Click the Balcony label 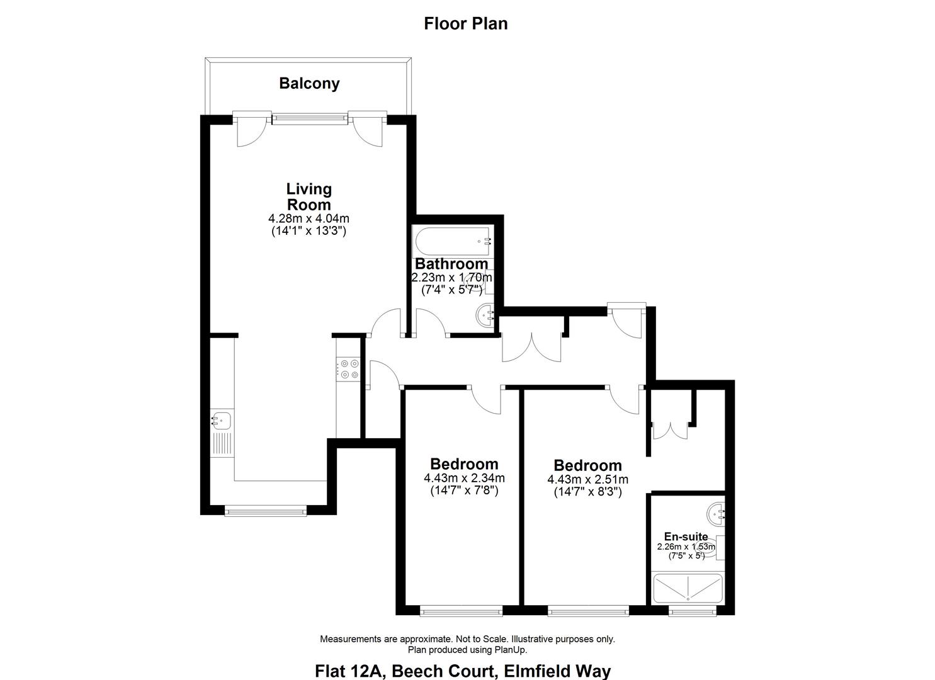[309, 83]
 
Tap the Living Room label [309, 196]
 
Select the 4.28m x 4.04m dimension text [309, 218]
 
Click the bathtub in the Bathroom [453, 241]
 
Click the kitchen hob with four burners [348, 369]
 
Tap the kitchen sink [222, 419]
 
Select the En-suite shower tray [688, 588]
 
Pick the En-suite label [686, 536]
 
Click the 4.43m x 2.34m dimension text [464, 479]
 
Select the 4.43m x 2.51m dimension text [587, 480]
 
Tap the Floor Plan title [465, 24]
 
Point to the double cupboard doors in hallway [531, 347]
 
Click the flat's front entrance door [627, 322]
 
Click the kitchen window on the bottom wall [266, 511]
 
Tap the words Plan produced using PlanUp [467, 650]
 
